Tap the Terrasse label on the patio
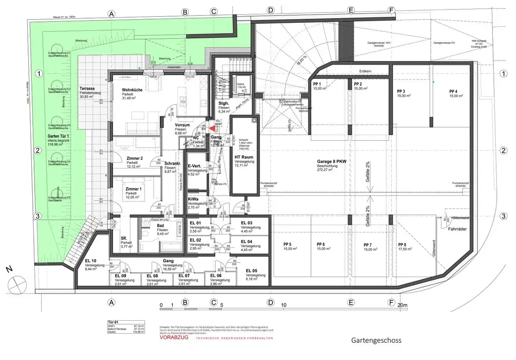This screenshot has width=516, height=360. coord(90,88)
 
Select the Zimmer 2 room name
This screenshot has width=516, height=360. coord(135,158)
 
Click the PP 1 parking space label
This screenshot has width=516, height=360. coord(317,84)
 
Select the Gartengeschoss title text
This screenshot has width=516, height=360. coord(376,340)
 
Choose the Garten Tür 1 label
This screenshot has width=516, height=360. coord(59,136)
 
